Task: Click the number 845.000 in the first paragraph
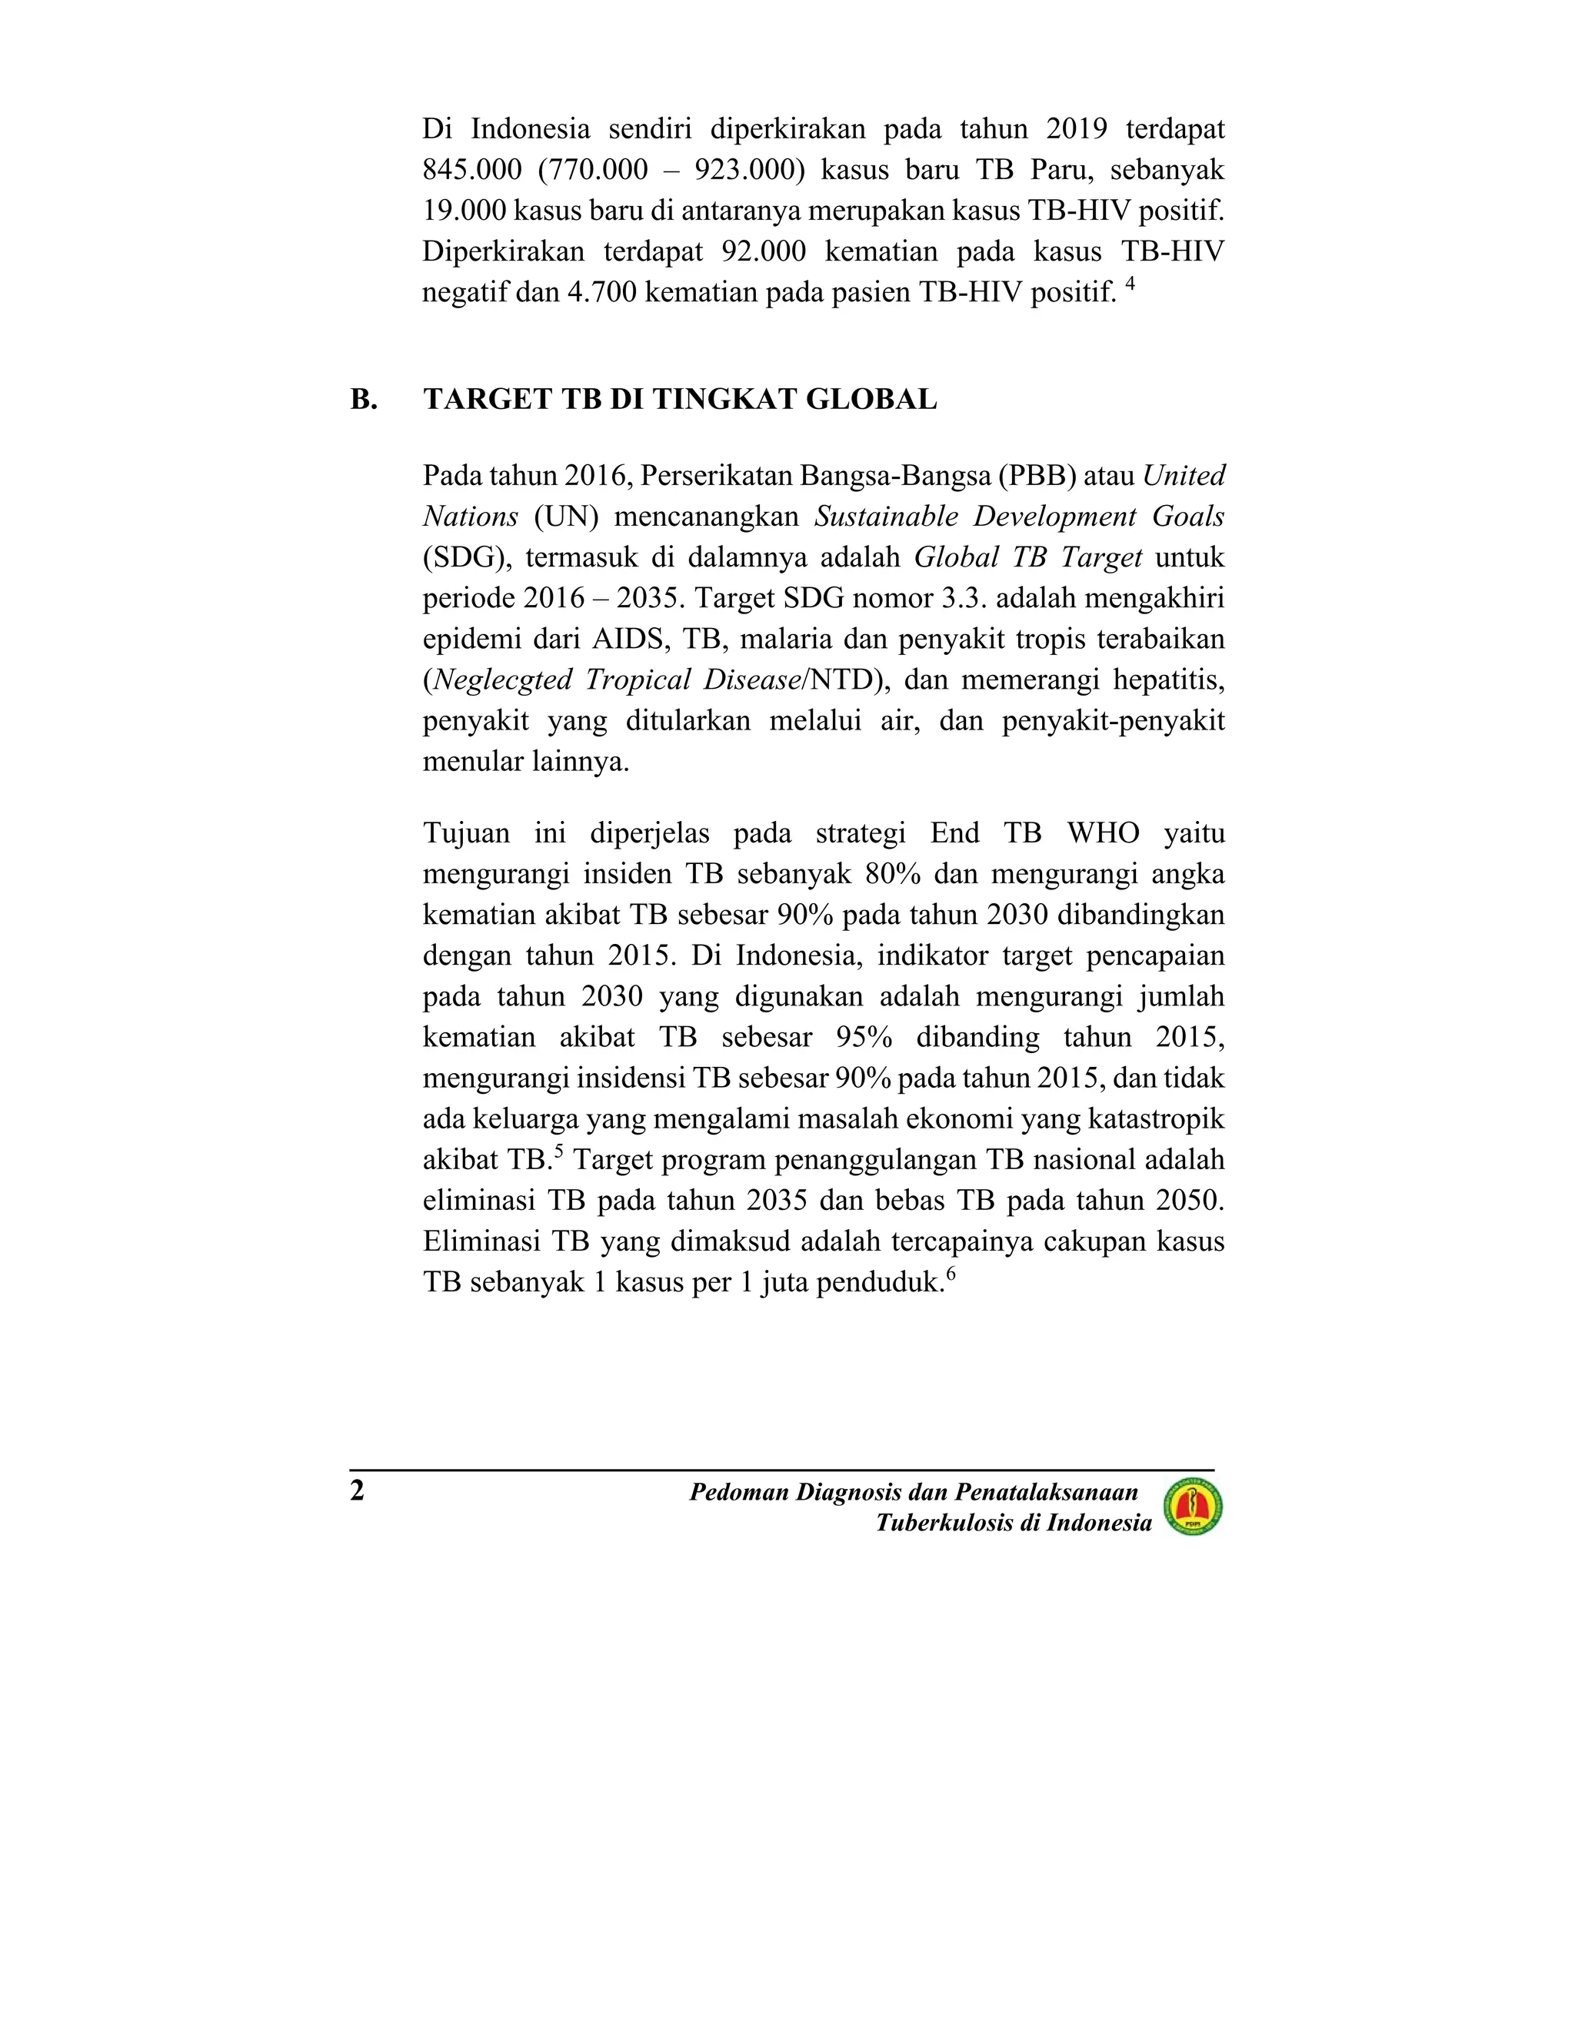point(472,170)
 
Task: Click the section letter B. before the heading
point(364,399)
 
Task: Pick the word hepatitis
point(1168,680)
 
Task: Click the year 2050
point(1187,1201)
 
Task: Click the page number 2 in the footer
point(358,1491)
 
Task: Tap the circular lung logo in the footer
point(1193,1508)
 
